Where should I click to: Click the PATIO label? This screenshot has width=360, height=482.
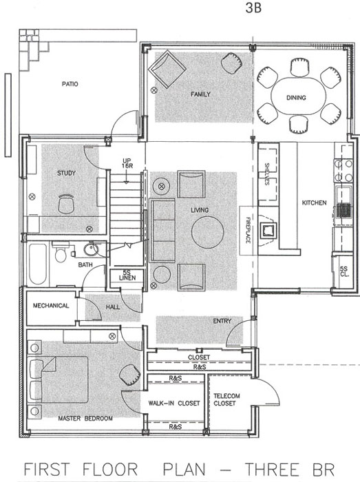70,84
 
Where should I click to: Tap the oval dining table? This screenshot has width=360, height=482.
299,96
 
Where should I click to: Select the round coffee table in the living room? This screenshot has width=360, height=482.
207,232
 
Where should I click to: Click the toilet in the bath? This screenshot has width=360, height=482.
61,252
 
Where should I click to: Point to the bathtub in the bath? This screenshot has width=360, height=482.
38,264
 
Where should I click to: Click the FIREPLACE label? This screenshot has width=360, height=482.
248,230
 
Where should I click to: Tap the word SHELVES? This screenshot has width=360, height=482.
266,174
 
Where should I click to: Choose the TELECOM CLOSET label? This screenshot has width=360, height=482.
226,399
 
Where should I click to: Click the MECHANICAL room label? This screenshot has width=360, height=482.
51,306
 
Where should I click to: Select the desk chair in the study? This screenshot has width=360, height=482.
66,204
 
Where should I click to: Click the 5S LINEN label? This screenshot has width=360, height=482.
127,275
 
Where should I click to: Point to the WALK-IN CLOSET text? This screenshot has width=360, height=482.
174,403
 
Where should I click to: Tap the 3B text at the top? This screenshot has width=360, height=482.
253,8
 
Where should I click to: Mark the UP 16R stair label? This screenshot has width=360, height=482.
127,163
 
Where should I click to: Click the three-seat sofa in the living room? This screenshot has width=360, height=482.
162,231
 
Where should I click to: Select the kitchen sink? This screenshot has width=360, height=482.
343,193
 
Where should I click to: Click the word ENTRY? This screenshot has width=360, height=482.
222,321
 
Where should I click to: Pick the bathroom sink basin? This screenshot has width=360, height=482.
92,249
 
